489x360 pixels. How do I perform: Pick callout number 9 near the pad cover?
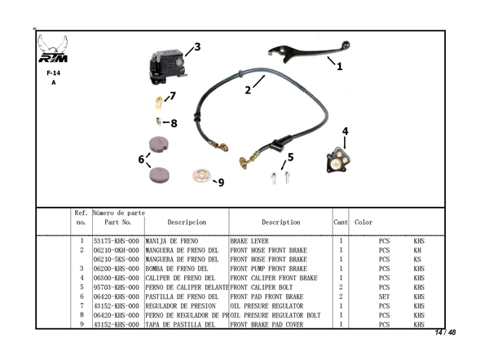click(x=220, y=182)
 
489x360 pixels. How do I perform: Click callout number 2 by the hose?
click(x=249, y=90)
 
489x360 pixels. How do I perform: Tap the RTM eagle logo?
click(x=54, y=54)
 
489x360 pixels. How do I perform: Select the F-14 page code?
click(x=54, y=72)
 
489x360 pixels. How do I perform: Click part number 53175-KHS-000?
click(x=117, y=242)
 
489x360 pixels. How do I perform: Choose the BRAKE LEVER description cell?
click(x=249, y=242)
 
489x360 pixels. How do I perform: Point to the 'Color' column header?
click(x=364, y=222)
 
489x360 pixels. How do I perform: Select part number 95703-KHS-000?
click(x=117, y=288)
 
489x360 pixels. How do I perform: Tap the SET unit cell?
click(x=384, y=297)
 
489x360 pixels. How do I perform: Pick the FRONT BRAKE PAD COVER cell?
click(x=269, y=324)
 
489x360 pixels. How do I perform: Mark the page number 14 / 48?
click(x=445, y=332)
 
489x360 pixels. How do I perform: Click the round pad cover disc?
click(x=200, y=175)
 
